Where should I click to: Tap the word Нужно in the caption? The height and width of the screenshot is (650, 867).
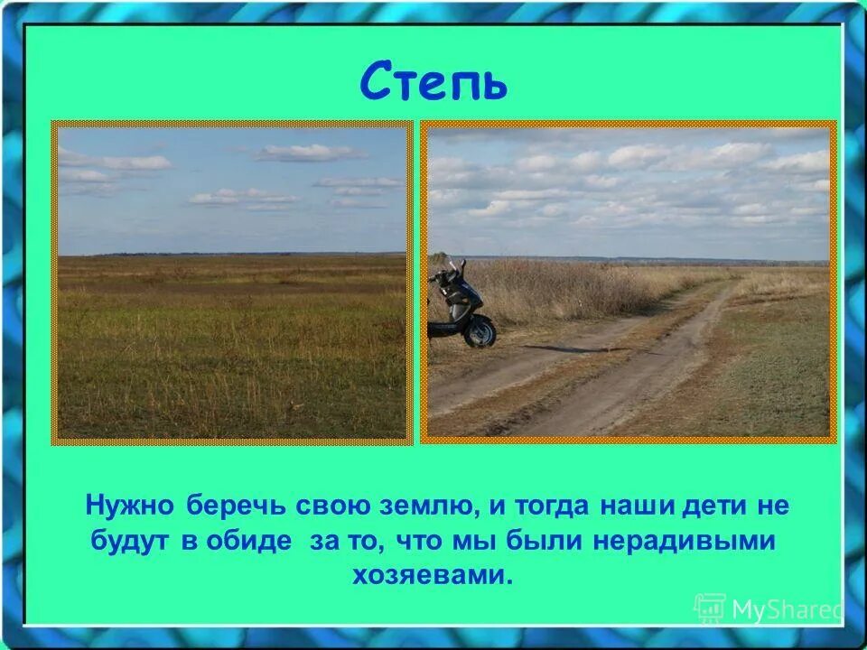click(x=132, y=506)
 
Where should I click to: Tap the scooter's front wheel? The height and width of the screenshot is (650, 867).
click(x=480, y=331)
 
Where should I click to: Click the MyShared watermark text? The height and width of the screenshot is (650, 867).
click(x=784, y=610)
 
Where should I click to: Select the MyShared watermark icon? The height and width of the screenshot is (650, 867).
click(x=710, y=609)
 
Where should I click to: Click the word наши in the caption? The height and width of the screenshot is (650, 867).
click(x=629, y=506)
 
